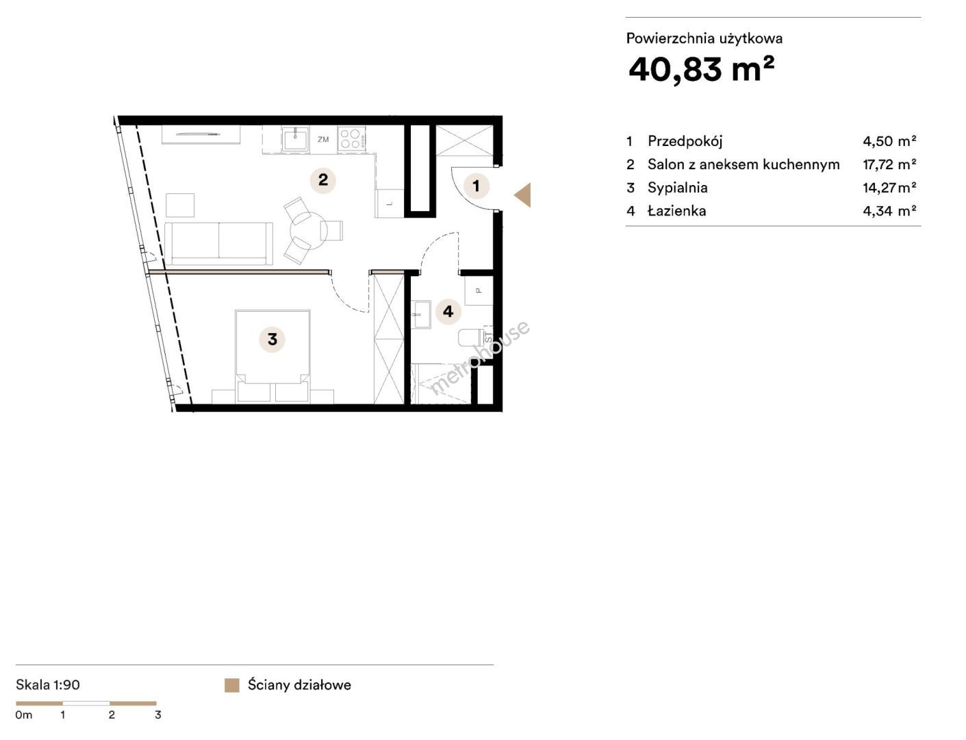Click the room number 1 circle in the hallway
(476, 186)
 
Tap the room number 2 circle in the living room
(323, 180)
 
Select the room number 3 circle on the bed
(272, 339)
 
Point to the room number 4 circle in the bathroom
(448, 311)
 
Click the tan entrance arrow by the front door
(523, 195)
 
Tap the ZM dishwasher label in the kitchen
(323, 140)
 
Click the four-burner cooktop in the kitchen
(351, 138)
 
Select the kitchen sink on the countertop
(295, 138)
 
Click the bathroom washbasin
(422, 314)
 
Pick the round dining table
(308, 230)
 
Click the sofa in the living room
(218, 244)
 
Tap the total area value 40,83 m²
(701, 70)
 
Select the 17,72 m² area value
(889, 164)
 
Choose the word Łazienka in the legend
(677, 211)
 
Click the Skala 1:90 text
(47, 685)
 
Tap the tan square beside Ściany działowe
(232, 685)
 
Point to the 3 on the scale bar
(158, 715)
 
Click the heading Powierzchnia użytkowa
(704, 39)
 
